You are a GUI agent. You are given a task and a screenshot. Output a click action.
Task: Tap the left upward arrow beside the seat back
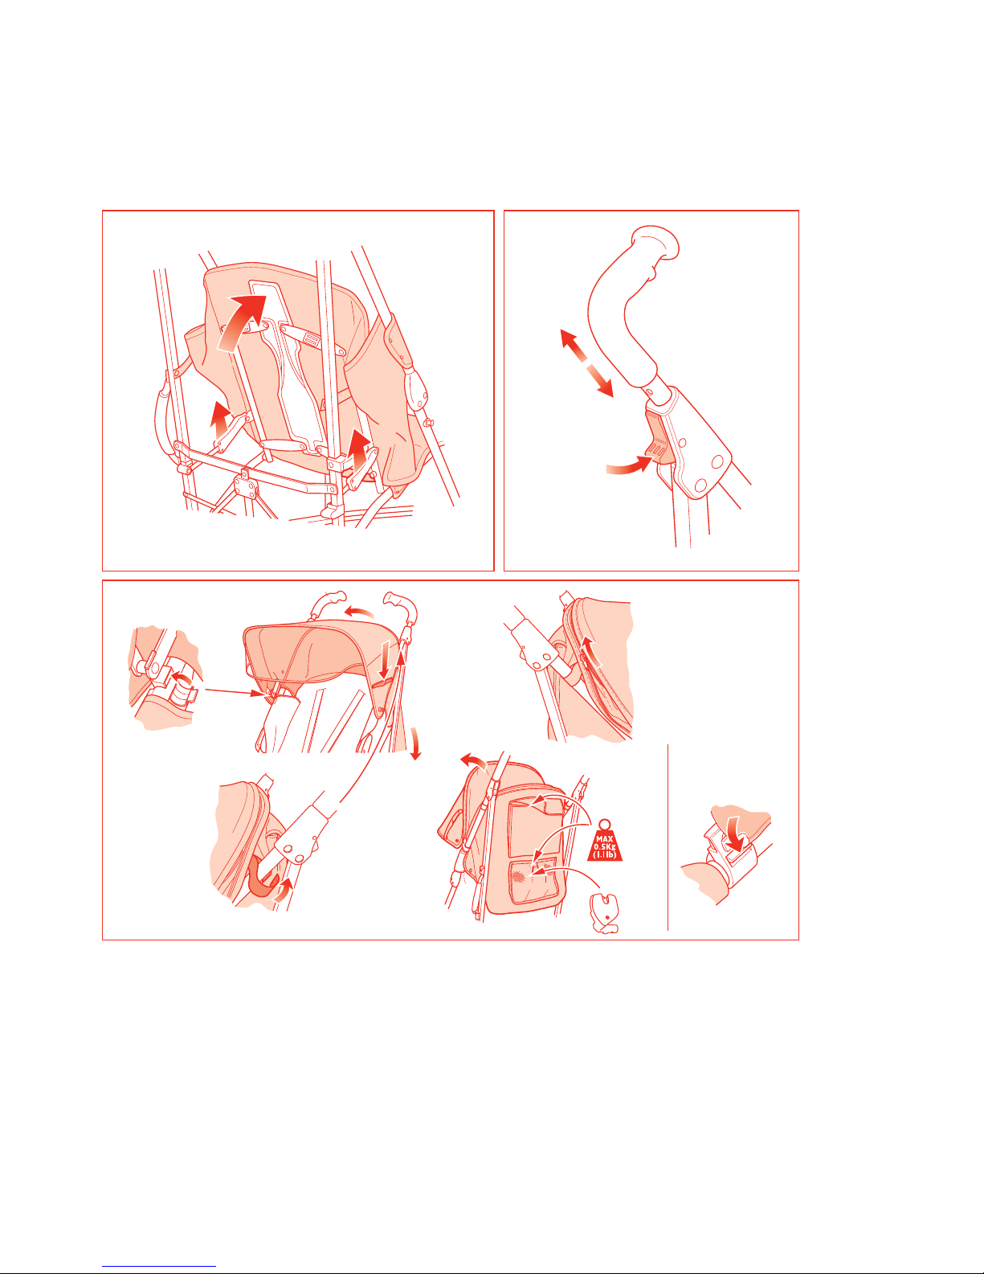click(219, 420)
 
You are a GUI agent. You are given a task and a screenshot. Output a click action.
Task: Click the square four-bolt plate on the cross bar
click(245, 486)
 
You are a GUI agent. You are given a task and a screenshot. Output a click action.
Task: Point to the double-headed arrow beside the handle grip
click(586, 363)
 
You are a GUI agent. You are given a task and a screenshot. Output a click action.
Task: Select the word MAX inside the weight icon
click(604, 839)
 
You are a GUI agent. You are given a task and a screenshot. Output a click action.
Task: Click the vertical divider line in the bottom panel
click(668, 838)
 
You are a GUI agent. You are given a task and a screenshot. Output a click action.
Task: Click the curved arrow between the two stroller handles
click(358, 612)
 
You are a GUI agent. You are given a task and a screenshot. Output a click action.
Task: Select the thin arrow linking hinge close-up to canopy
click(233, 692)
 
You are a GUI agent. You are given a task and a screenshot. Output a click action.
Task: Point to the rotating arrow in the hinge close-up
click(179, 679)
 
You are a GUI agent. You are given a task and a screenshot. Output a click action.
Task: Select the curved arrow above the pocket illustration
click(473, 761)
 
